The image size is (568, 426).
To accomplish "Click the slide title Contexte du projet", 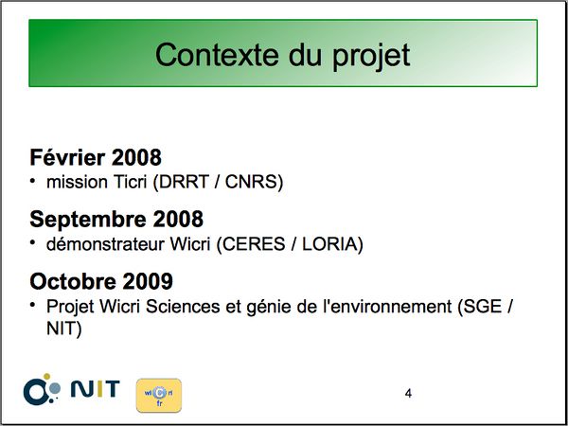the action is [282, 56].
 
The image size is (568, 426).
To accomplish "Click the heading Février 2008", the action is [96, 158].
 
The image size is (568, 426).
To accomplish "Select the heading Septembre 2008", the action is [116, 220].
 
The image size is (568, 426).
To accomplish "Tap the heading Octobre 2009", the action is [101, 281].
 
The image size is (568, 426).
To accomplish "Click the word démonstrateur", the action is [105, 244].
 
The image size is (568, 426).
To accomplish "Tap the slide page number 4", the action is [408, 394].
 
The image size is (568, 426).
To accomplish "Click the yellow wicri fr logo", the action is [159, 396].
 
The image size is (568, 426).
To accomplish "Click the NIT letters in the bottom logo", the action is [95, 389].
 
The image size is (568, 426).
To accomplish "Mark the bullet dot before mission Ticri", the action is [33, 180].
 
